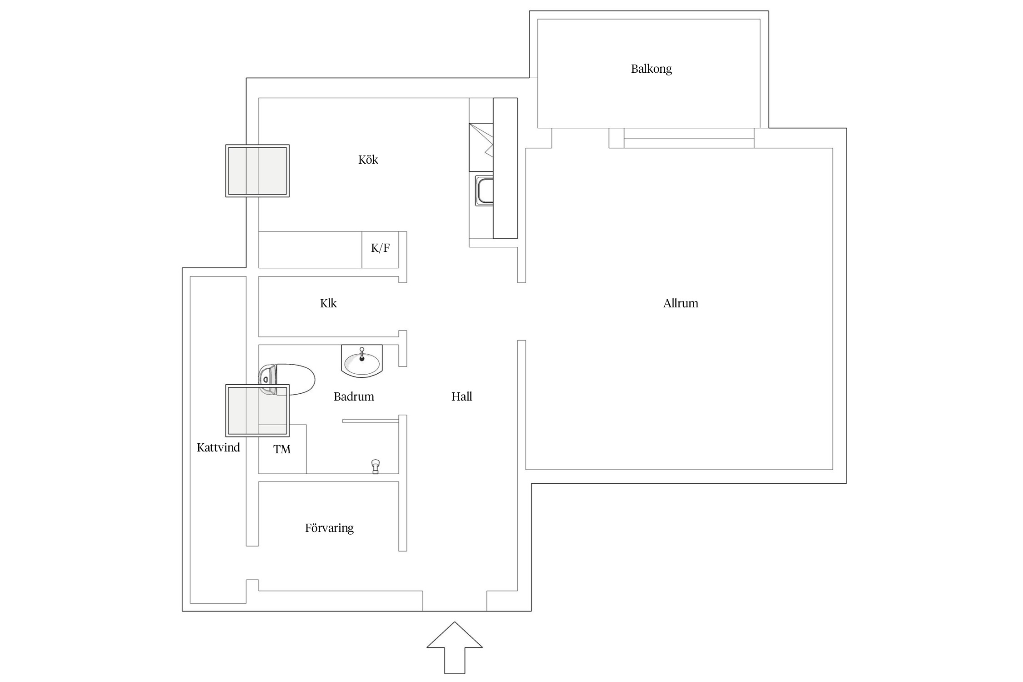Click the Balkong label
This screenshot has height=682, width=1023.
[651, 69]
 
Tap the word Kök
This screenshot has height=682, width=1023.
[368, 160]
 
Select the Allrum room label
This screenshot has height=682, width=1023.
[680, 303]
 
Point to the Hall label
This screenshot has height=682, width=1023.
[461, 396]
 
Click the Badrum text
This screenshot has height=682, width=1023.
[354, 396]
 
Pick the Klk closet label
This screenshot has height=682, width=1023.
[328, 303]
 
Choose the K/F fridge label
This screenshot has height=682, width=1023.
[380, 248]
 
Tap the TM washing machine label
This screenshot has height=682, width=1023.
[282, 449]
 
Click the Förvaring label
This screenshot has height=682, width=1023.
[329, 528]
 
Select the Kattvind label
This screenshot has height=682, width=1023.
[218, 447]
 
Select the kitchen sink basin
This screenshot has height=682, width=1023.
[485, 191]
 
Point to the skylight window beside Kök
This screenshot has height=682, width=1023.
[257, 171]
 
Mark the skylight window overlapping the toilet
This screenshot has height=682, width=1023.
[257, 411]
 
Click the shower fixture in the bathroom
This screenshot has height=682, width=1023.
[376, 466]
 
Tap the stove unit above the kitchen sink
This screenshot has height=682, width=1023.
[481, 147]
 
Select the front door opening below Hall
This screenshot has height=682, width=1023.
[455, 601]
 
